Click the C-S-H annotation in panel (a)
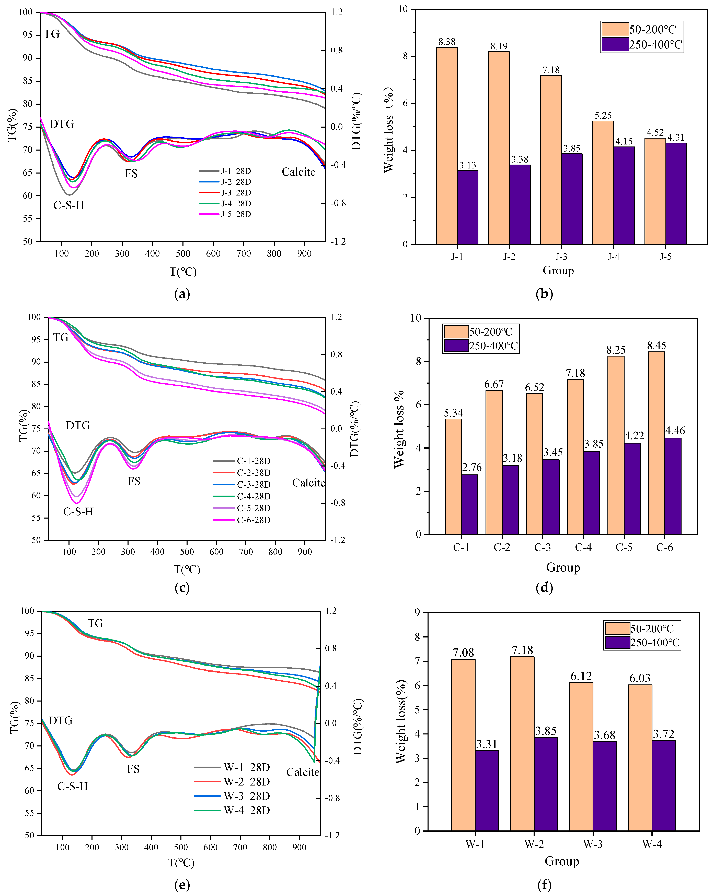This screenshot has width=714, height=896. pos(69,205)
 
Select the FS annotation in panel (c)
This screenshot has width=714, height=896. pos(134,481)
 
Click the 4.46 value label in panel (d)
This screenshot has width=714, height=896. pos(675,431)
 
